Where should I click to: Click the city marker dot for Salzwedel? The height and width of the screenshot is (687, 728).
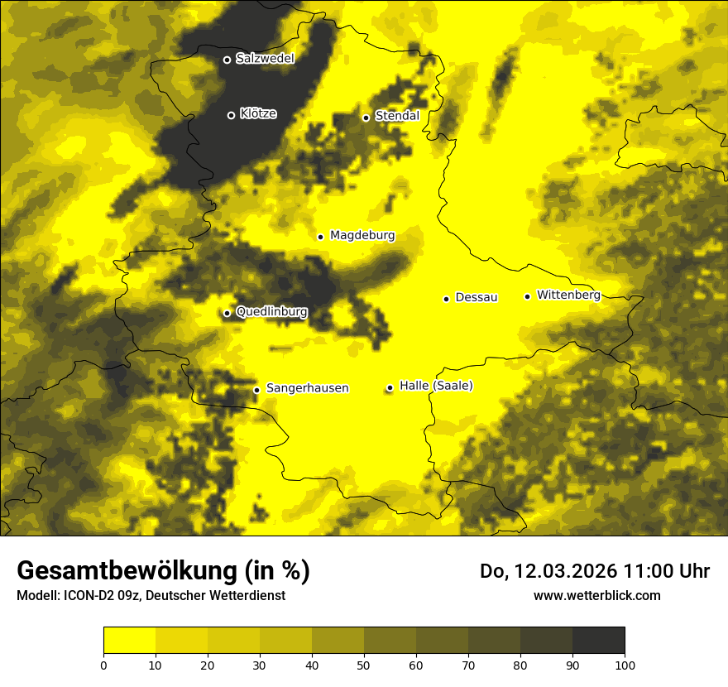tap(227, 60)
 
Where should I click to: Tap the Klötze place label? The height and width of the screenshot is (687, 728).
tap(258, 113)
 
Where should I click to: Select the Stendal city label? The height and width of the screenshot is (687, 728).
tap(397, 116)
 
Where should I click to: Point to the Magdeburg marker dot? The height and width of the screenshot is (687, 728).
tap(320, 237)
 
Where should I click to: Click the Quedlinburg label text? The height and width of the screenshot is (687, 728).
tap(271, 312)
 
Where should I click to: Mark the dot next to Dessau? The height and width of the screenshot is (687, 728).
tap(446, 299)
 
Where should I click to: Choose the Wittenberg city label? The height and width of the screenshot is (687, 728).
tap(568, 295)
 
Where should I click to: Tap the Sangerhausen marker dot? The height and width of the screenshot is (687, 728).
tap(256, 390)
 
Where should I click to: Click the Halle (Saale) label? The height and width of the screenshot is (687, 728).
tap(436, 386)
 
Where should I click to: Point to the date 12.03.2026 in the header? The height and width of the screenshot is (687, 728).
tap(556, 571)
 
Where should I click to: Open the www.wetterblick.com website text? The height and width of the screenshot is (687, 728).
tap(596, 595)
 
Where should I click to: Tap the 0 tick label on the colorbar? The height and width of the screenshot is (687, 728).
tap(103, 665)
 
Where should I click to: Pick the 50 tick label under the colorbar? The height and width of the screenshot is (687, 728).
tap(364, 665)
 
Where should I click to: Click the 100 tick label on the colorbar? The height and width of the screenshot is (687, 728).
tap(625, 665)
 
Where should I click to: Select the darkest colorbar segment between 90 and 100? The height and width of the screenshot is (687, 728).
tap(598, 640)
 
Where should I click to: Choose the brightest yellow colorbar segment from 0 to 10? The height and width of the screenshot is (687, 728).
tap(130, 640)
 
